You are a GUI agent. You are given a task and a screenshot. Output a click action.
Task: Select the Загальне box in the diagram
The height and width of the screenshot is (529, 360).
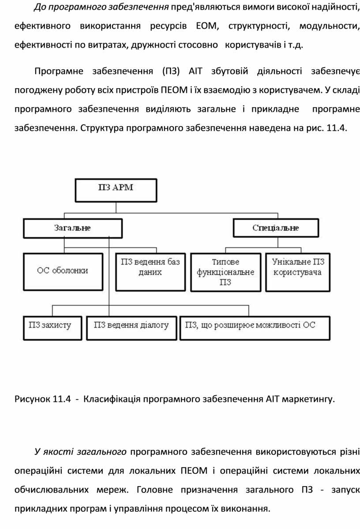point(73,228)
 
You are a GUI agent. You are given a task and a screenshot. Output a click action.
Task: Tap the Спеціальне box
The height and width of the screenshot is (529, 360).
point(276,228)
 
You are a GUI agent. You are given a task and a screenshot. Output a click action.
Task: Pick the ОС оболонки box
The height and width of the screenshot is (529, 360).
point(63,271)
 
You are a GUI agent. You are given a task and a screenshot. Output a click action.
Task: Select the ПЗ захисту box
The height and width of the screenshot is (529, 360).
point(50,327)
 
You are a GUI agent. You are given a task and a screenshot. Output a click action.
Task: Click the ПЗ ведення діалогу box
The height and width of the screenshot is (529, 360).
point(131,327)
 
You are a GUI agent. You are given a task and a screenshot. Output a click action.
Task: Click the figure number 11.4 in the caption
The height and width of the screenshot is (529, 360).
point(62,400)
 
